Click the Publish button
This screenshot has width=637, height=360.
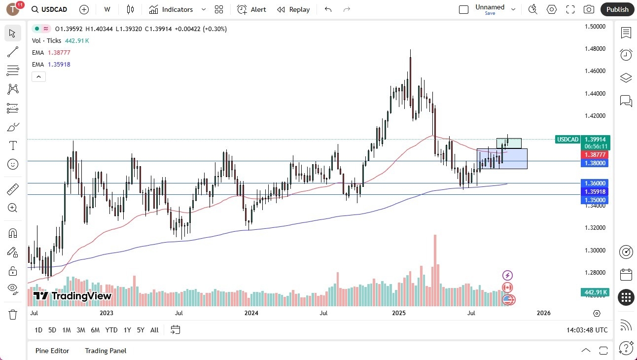(x=617, y=9)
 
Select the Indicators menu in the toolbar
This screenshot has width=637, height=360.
(x=177, y=9)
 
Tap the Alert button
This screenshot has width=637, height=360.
(x=251, y=9)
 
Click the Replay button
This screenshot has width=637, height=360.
(x=293, y=9)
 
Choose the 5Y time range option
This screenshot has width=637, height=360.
(x=141, y=330)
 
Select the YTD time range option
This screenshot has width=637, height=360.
(x=111, y=330)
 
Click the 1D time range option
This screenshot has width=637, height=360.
(x=38, y=330)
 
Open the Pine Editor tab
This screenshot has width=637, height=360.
(x=52, y=351)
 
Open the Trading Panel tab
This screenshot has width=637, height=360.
(x=106, y=351)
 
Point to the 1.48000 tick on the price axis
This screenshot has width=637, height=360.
(x=595, y=49)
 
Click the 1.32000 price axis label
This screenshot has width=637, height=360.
(x=595, y=228)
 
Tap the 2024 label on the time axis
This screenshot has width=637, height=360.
(x=251, y=313)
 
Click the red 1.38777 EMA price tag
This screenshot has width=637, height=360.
(x=595, y=155)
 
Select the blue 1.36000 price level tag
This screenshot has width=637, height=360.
(x=595, y=183)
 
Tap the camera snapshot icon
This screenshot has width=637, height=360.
(x=589, y=9)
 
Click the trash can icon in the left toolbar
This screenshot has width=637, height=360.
(x=13, y=314)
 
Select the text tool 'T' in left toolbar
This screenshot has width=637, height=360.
(x=13, y=145)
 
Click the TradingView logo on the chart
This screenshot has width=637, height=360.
(x=72, y=296)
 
